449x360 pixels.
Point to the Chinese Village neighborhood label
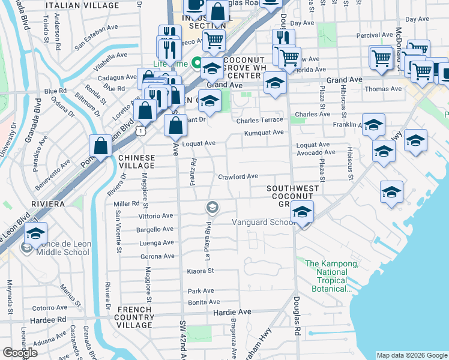click(x=136, y=161)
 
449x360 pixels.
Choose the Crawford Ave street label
click(x=238, y=176)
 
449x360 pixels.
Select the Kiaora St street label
click(x=200, y=271)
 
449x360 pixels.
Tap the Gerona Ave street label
click(x=157, y=257)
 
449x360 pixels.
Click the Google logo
click(x=19, y=353)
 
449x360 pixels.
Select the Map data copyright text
click(x=412, y=355)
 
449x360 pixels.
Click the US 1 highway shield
click(x=139, y=129)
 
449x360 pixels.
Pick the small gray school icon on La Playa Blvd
click(x=212, y=208)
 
